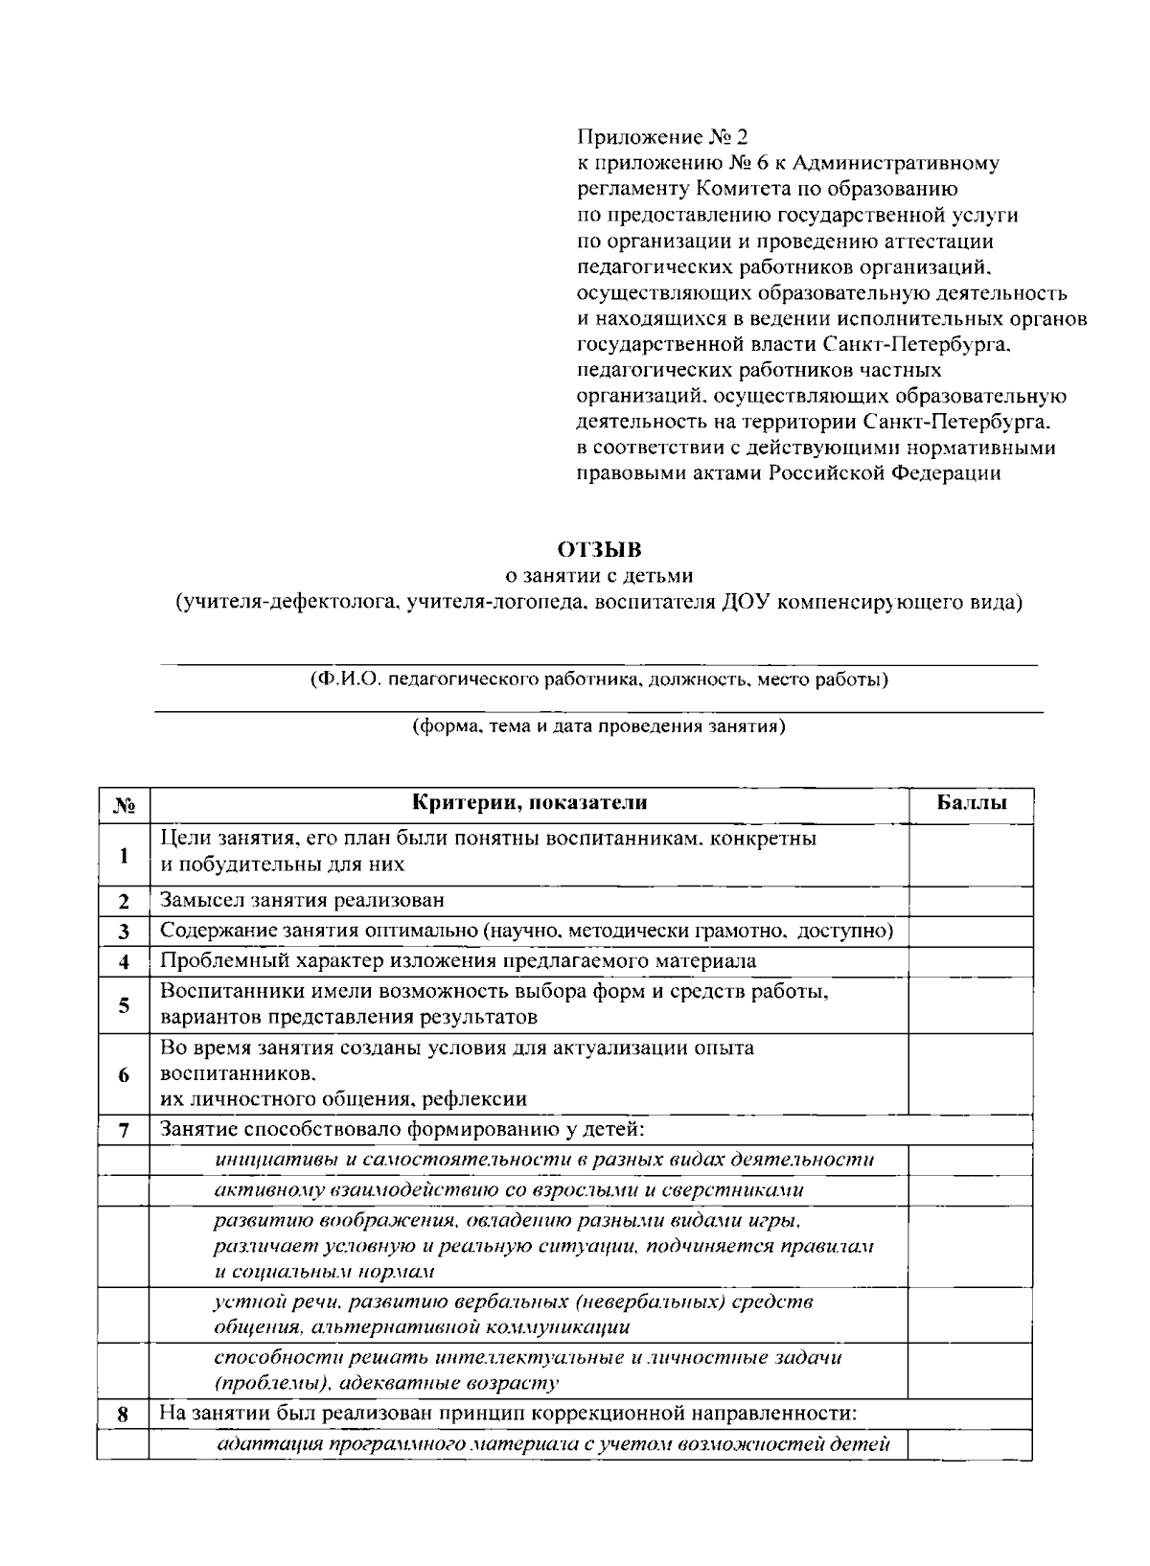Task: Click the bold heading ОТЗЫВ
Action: coord(599,550)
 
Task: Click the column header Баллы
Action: coord(971,803)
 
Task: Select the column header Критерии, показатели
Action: coord(529,803)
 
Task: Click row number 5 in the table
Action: coord(123,1005)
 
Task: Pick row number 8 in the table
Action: coord(123,1415)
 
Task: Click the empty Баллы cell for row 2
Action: coord(971,901)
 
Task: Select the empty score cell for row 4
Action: coord(971,961)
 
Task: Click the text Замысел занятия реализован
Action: coord(302,901)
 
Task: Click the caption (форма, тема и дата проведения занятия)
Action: coord(599,726)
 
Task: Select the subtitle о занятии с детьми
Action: coord(599,576)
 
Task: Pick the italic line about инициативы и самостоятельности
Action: coord(544,1160)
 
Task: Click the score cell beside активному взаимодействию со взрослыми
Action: coord(971,1190)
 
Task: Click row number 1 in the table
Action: coord(123,855)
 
